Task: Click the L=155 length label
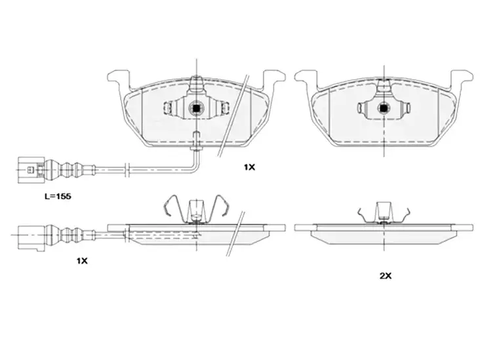[x=58, y=196]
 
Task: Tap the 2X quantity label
[x=386, y=276]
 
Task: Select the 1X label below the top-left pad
[x=249, y=167]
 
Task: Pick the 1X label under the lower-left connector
[x=82, y=261]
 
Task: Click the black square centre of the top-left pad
[x=196, y=108]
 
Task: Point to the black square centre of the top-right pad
[x=384, y=108]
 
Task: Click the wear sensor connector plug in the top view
[x=31, y=170]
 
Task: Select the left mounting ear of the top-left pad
[x=118, y=79]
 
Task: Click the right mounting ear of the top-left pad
[x=274, y=79]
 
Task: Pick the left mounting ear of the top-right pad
[x=306, y=79]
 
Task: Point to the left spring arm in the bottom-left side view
[x=174, y=206]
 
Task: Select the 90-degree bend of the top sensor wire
[x=196, y=168]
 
